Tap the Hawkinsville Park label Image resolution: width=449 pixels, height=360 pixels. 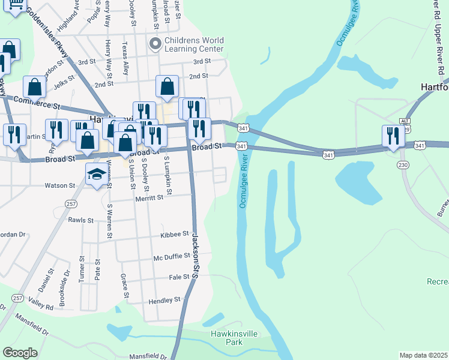coord(226,337)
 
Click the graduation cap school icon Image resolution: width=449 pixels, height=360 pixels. coord(96,174)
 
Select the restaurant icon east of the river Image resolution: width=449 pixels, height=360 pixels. coord(393,136)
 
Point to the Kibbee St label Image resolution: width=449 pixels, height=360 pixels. coord(175,235)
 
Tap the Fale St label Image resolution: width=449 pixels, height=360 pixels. coord(179,277)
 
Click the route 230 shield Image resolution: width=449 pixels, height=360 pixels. coord(403,165)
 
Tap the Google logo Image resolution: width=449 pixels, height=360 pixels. coord(20,353)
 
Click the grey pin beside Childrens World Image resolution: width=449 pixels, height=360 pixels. coord(156,43)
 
